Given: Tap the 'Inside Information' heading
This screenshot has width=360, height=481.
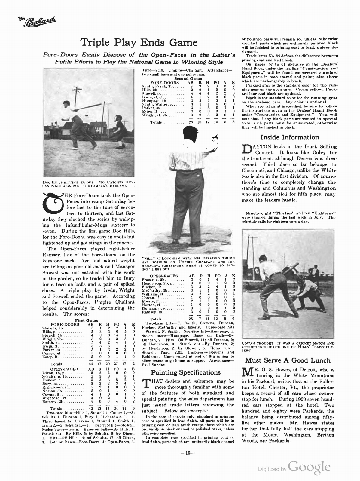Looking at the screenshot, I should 289,137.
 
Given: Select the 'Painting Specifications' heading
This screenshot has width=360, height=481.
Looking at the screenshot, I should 185,372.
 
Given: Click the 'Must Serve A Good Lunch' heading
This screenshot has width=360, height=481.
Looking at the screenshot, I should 288,360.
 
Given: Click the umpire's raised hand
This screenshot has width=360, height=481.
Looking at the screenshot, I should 215,140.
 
